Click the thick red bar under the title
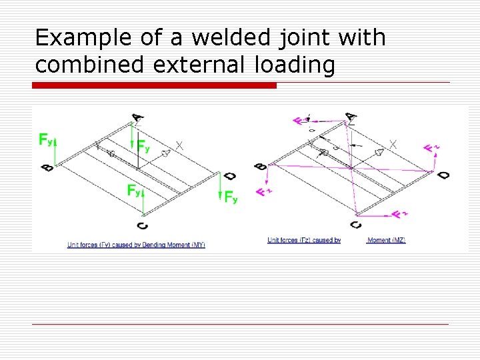(x=155, y=85)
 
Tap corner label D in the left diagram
(x=229, y=177)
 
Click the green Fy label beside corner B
(x=46, y=140)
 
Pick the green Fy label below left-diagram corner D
(x=231, y=197)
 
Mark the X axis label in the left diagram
(x=179, y=145)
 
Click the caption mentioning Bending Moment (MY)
(x=136, y=245)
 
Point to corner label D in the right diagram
(x=443, y=175)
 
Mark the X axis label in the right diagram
(x=393, y=143)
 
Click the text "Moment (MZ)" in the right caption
(x=386, y=240)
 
